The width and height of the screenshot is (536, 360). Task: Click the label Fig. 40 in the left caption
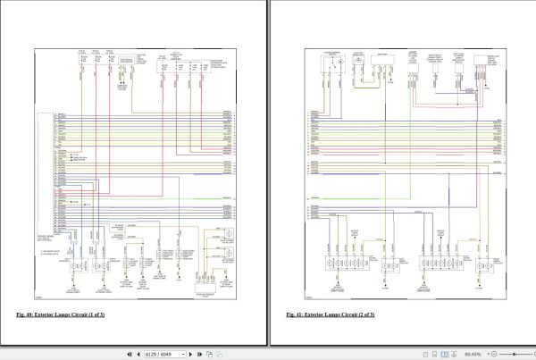click(25, 315)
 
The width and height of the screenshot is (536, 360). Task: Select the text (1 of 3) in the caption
click(94, 315)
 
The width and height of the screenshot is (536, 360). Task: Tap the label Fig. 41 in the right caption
click(295, 315)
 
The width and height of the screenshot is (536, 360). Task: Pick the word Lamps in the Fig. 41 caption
click(328, 315)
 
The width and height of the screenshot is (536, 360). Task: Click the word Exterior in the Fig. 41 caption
click(313, 315)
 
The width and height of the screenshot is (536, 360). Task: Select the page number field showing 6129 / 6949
click(163, 354)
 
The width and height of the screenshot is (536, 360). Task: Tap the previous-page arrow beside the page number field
click(138, 354)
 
